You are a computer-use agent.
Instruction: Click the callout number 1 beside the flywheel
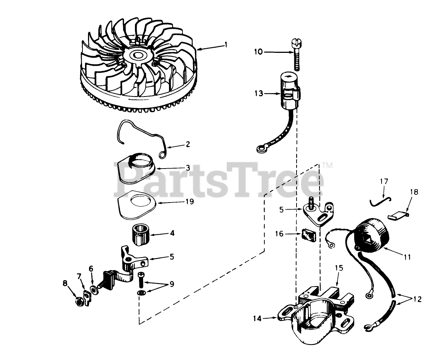(226, 45)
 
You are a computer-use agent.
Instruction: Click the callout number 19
(189, 201)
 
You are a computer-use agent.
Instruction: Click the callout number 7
(78, 276)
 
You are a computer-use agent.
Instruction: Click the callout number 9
(172, 284)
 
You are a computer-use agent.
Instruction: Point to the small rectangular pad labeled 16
(309, 235)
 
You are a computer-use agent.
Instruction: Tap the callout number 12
(417, 299)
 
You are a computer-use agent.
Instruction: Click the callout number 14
(257, 318)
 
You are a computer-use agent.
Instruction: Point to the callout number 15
(339, 268)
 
